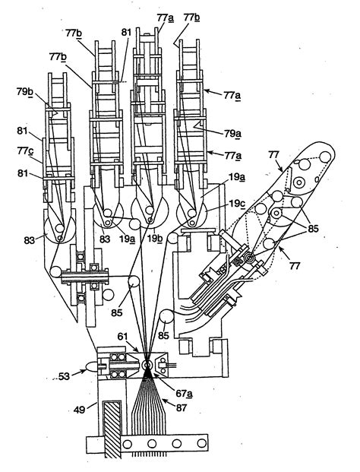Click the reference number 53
[x=64, y=376]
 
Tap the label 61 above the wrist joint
[x=122, y=336]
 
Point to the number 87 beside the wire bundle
[x=182, y=408]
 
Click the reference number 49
[x=80, y=409]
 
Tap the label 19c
[x=237, y=204]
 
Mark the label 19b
[x=155, y=239]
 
